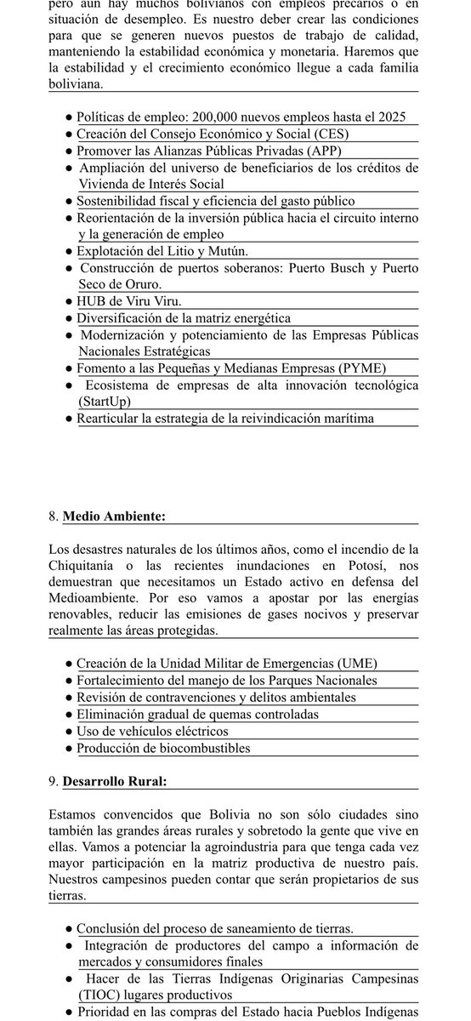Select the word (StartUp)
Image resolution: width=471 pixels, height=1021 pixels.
coord(109,401)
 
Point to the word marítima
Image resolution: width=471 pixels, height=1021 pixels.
coord(343,418)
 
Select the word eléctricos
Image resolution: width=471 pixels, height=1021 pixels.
coord(197,731)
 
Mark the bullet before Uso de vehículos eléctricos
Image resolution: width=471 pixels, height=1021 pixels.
coord(68,731)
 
